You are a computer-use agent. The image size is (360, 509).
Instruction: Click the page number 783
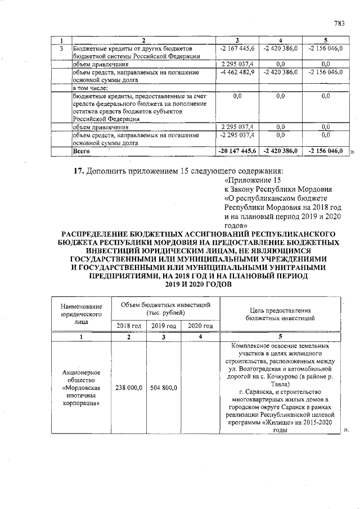point(339,23)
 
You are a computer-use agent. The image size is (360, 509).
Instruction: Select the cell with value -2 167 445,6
point(237,48)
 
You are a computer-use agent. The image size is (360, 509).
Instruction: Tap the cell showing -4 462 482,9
point(237,72)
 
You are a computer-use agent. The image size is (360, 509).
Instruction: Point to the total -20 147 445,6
point(237,151)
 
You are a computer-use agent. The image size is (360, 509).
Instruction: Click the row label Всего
point(82,151)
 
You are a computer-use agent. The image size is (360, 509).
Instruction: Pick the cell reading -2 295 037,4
point(237,135)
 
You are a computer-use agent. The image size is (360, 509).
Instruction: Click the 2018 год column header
point(129,326)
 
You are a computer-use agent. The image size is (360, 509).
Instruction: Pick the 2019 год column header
point(164,326)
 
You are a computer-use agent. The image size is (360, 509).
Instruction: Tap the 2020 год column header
point(200,326)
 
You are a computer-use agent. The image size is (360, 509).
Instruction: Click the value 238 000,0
point(129,388)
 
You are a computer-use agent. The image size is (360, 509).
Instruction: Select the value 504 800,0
point(164,388)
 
